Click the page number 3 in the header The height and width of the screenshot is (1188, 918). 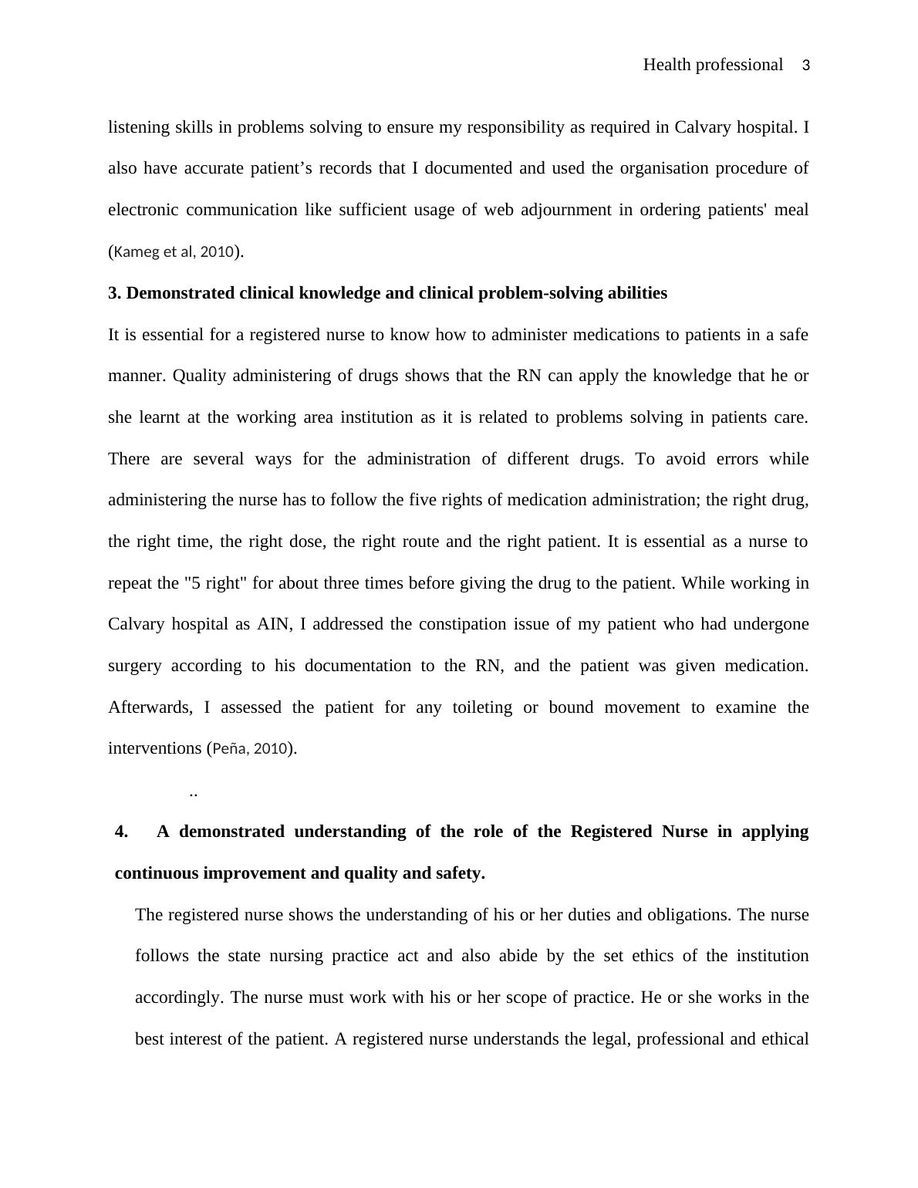pos(806,66)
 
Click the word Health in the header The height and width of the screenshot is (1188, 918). pos(667,65)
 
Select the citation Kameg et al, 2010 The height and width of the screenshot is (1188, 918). pos(174,251)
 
